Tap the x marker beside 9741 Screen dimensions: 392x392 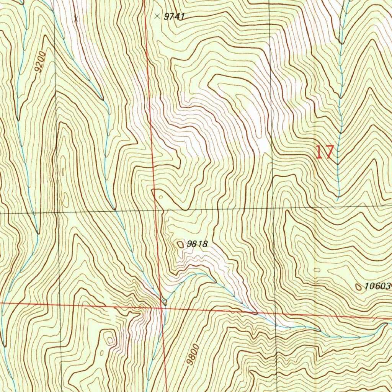pyautogui.click(x=157, y=16)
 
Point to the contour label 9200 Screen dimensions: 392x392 pyautogui.click(x=40, y=62)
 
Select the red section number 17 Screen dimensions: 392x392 pyautogui.click(x=325, y=152)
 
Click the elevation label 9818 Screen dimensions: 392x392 pyautogui.click(x=197, y=243)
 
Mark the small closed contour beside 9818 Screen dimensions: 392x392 pyautogui.click(x=180, y=244)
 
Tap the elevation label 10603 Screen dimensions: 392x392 pyautogui.click(x=377, y=286)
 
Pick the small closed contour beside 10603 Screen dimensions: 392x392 pyautogui.click(x=359, y=286)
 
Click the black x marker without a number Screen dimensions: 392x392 pyautogui.click(x=76, y=18)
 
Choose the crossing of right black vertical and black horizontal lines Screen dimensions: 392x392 pyautogui.click(x=273, y=209)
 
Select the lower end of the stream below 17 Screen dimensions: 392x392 pyautogui.click(x=337, y=199)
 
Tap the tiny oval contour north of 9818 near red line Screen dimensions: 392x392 pyautogui.click(x=161, y=197)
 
